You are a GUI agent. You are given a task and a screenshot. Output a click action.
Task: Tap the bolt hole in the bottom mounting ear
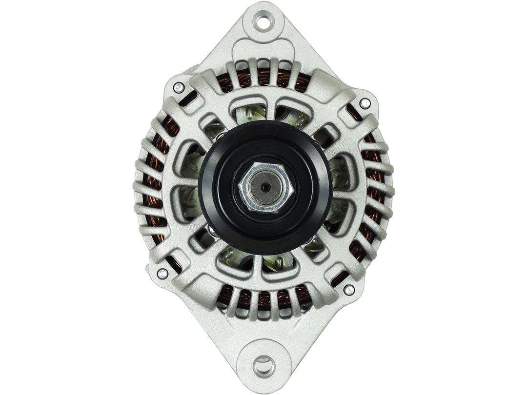[x=264, y=363]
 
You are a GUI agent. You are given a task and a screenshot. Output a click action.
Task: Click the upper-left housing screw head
[x=179, y=88]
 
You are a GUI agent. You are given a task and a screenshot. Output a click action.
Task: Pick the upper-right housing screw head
[x=364, y=103]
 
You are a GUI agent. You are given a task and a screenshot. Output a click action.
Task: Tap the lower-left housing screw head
[x=163, y=273]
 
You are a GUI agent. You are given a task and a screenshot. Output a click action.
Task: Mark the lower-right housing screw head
[x=348, y=290]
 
